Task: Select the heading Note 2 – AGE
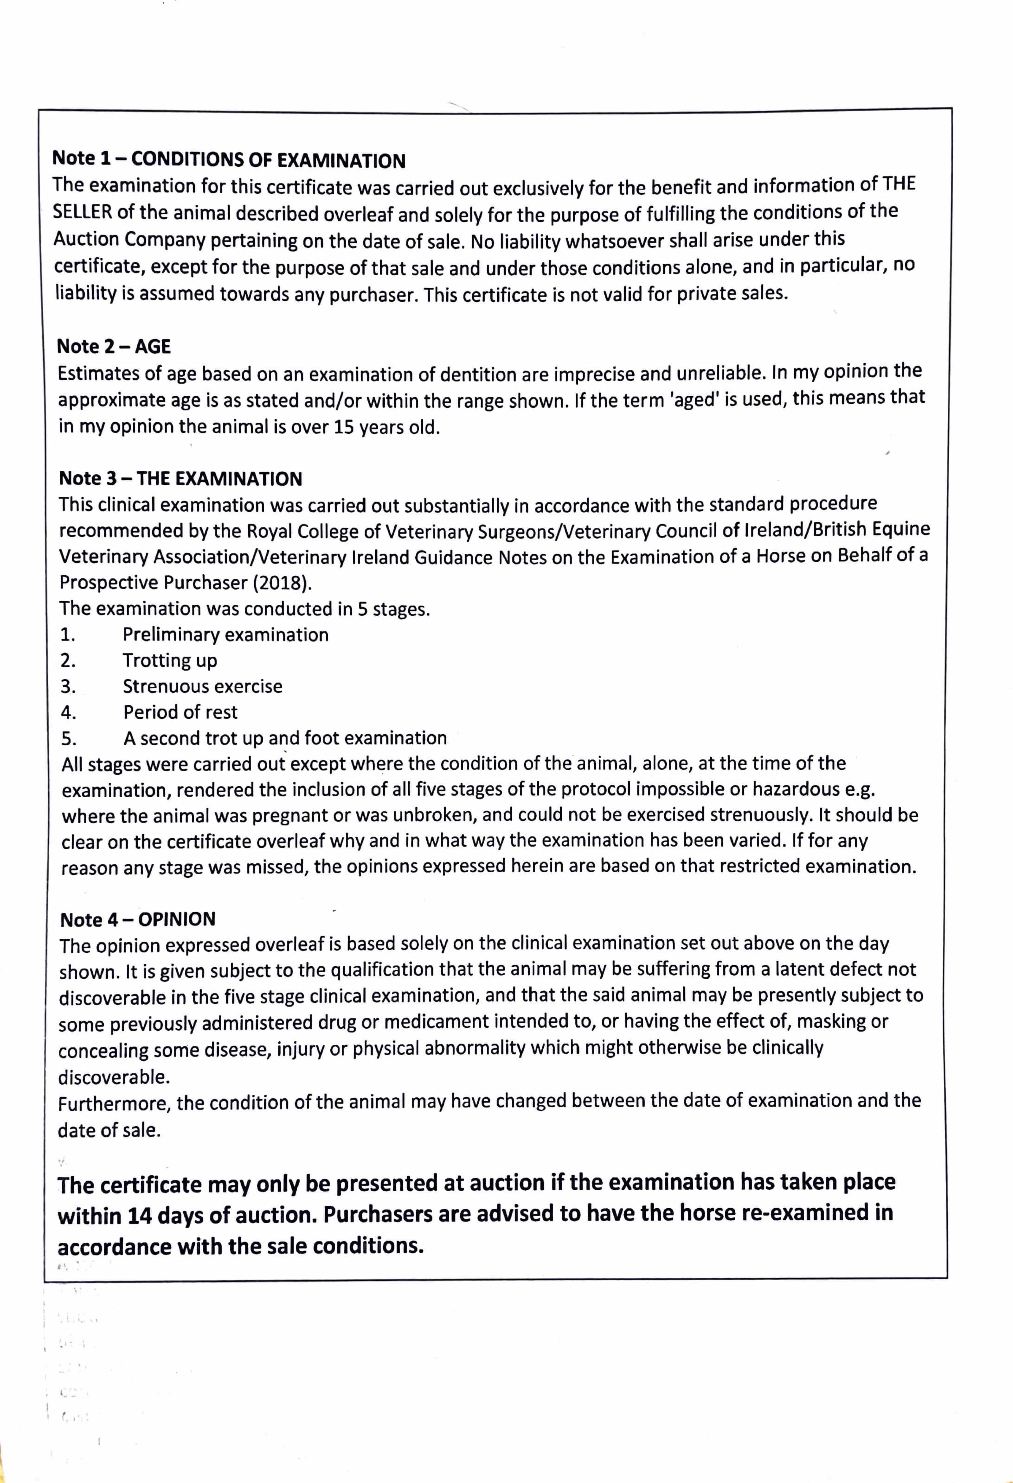pos(114,346)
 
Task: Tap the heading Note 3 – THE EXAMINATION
pos(181,479)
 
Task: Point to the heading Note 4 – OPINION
pos(138,919)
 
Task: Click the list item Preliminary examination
pos(225,635)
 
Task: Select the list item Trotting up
pos(170,661)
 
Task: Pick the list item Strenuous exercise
pos(202,687)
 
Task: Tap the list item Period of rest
pos(180,712)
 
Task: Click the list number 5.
pos(68,739)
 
